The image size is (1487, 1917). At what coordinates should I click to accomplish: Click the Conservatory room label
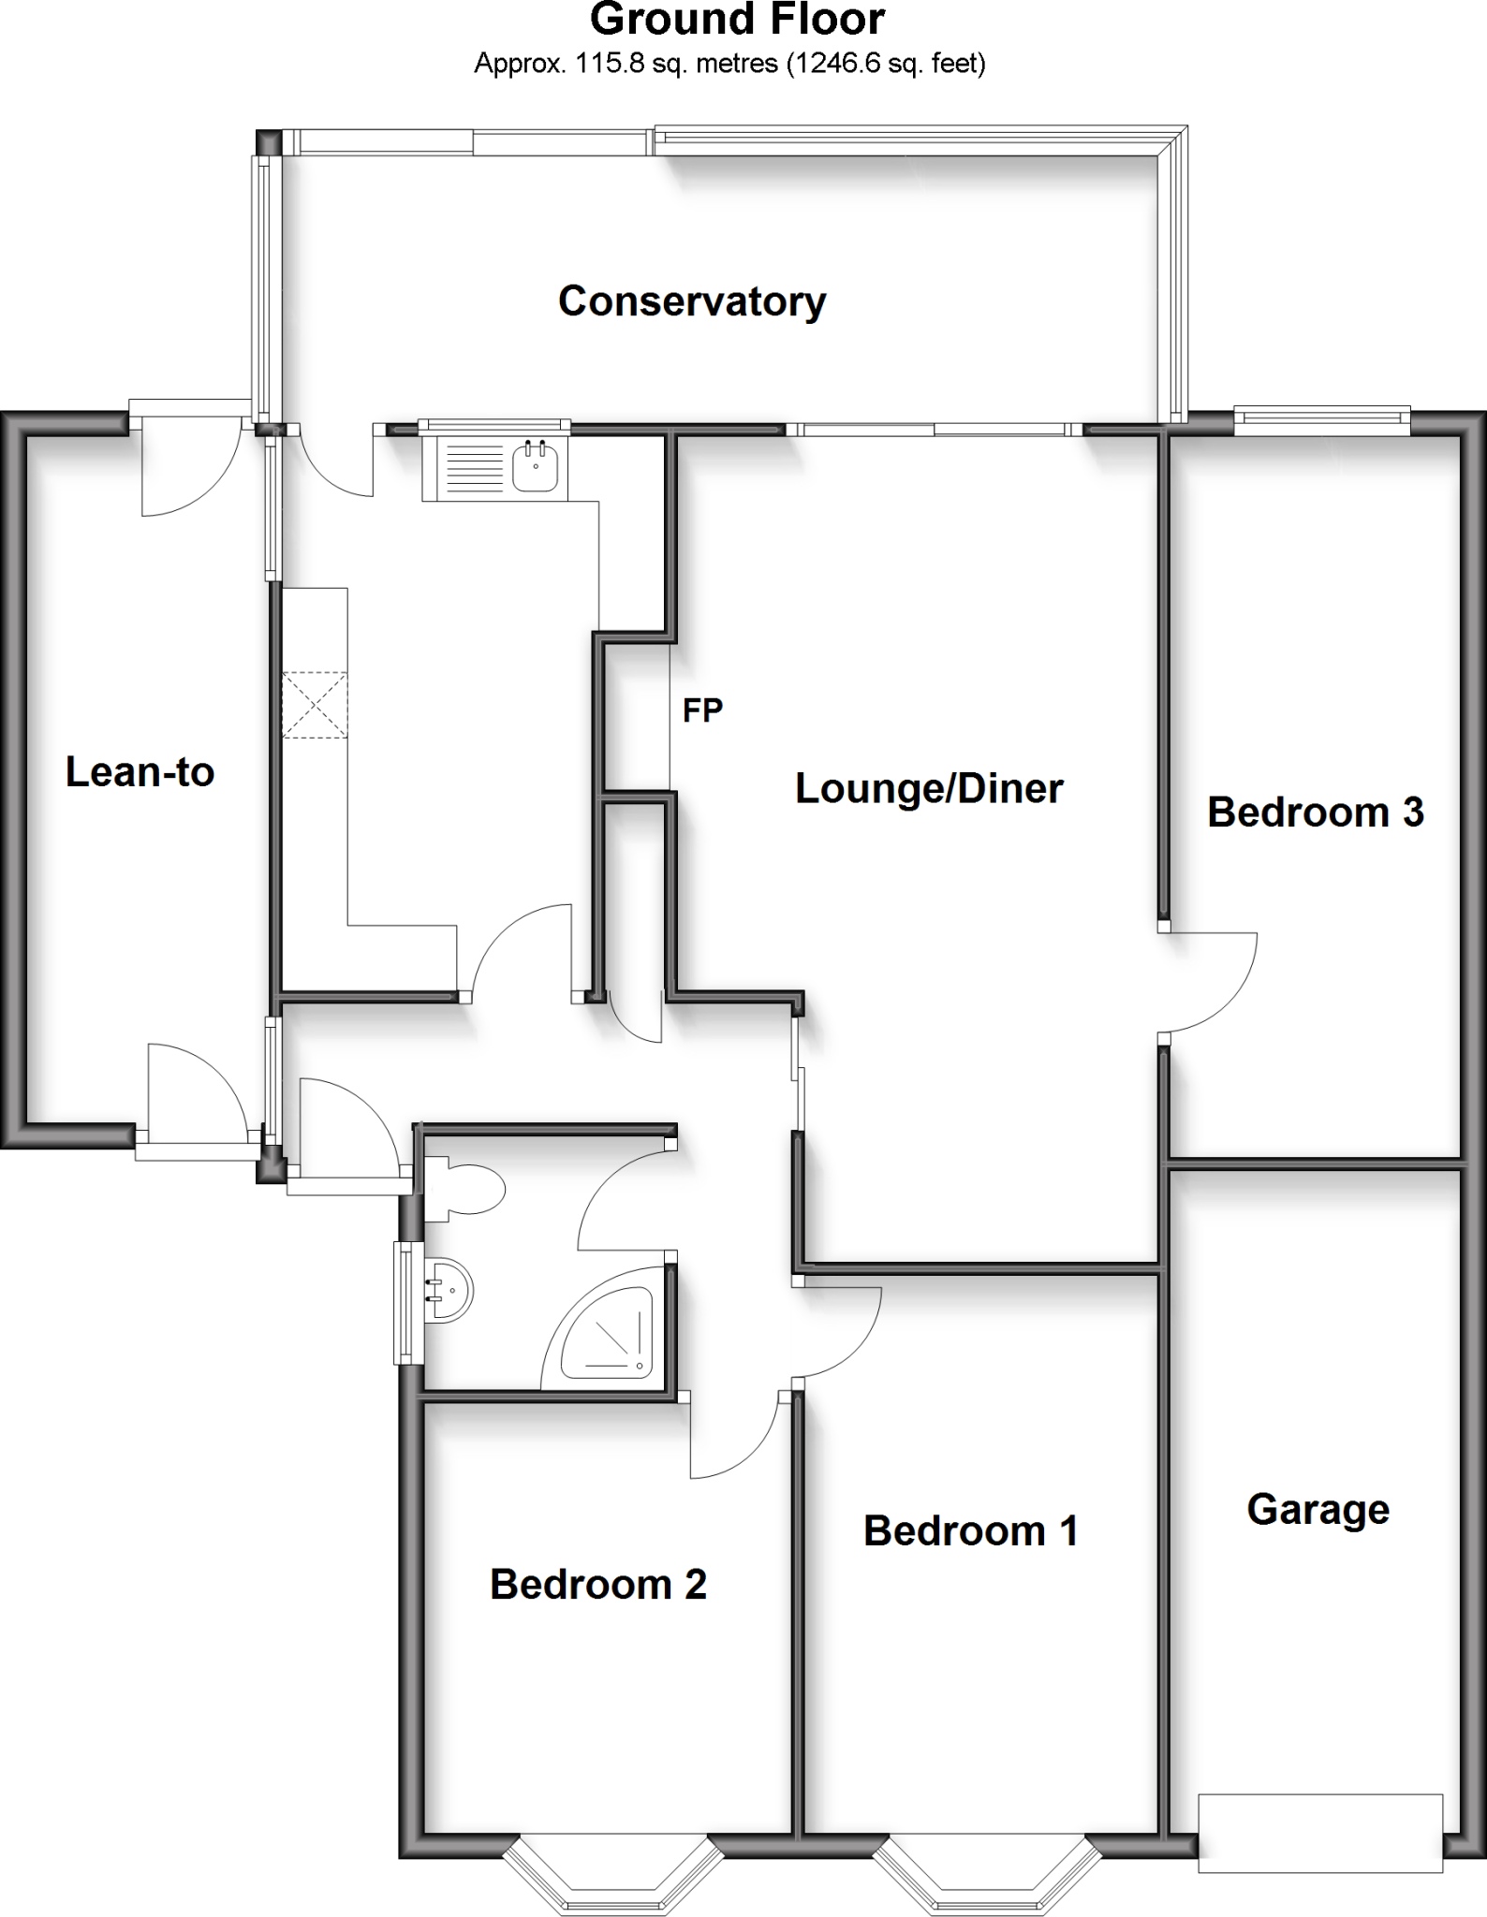[692, 301]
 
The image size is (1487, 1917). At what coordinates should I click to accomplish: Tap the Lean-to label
[140, 772]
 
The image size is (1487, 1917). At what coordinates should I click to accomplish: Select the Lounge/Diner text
[929, 788]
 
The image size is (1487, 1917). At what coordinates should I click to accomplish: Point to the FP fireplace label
[702, 710]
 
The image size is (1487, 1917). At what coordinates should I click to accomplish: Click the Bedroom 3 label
[1315, 812]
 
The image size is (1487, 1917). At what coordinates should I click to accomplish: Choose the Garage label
[1318, 1509]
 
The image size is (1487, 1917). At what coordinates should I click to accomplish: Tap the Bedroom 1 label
[970, 1530]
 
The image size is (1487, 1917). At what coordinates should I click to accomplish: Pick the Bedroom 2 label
[597, 1584]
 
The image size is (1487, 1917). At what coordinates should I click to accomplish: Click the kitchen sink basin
[536, 465]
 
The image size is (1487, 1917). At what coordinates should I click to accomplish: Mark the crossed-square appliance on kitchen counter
[315, 705]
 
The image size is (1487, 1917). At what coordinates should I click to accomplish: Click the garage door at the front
[1320, 1833]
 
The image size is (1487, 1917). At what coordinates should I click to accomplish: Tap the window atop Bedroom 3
[1322, 421]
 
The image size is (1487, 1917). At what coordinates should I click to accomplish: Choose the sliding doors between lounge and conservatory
[935, 430]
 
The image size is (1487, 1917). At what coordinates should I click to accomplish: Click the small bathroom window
[405, 1302]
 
